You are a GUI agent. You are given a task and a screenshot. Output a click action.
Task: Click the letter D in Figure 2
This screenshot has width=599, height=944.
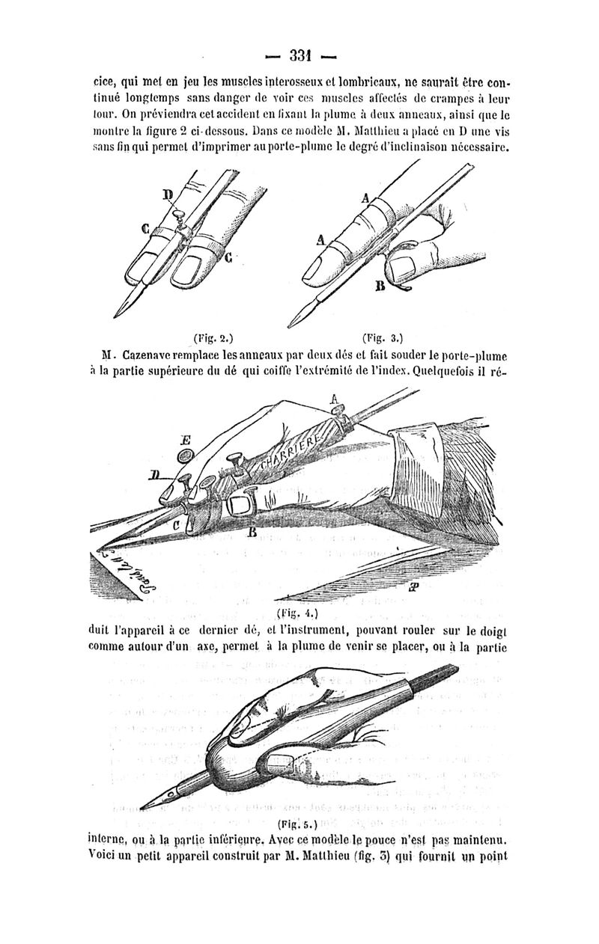click(168, 196)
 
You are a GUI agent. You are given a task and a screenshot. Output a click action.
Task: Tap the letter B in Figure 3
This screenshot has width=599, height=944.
click(380, 285)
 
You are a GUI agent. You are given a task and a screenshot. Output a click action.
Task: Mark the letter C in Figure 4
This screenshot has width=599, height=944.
click(177, 525)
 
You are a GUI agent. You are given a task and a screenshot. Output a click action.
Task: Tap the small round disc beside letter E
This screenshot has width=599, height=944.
click(184, 456)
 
